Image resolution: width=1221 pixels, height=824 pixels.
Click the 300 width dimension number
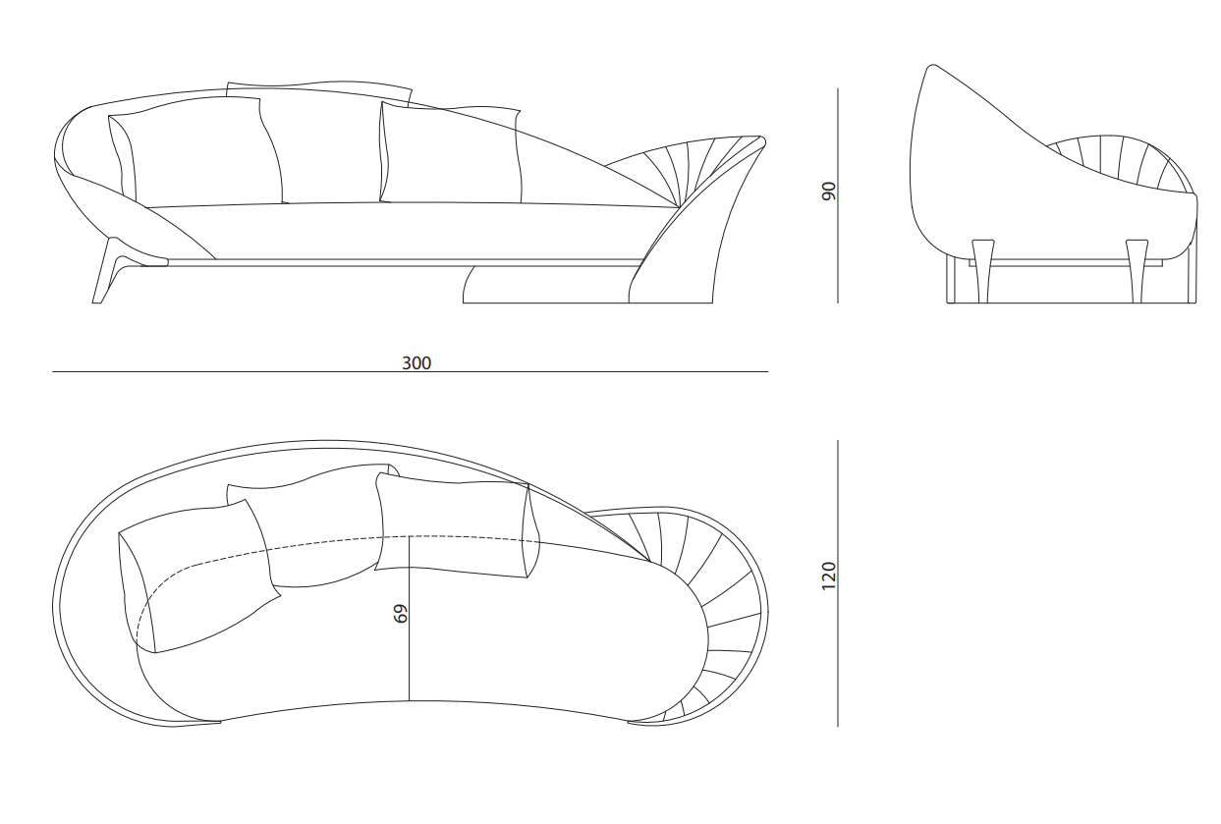pos(416,363)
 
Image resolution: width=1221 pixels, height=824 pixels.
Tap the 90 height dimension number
pos(828,192)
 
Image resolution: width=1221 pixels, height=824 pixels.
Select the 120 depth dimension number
pos(828,576)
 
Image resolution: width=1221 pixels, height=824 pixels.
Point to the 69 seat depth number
pos(400,613)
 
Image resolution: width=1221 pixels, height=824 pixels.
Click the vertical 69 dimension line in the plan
pos(410,619)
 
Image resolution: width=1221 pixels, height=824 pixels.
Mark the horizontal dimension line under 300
pos(410,371)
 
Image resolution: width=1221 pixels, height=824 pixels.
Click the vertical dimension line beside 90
pos(838,195)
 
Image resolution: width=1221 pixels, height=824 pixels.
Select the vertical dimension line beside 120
pos(838,583)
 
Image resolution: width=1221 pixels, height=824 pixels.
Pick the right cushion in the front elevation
pos(451,154)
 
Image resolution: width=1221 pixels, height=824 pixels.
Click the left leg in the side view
pos(983,271)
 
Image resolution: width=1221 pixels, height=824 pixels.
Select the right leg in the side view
pos(1138,271)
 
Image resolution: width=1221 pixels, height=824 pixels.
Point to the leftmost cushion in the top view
pos(196,577)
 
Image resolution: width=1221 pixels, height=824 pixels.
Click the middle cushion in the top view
pos(310,525)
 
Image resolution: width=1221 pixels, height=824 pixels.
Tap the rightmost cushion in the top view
pos(458,525)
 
